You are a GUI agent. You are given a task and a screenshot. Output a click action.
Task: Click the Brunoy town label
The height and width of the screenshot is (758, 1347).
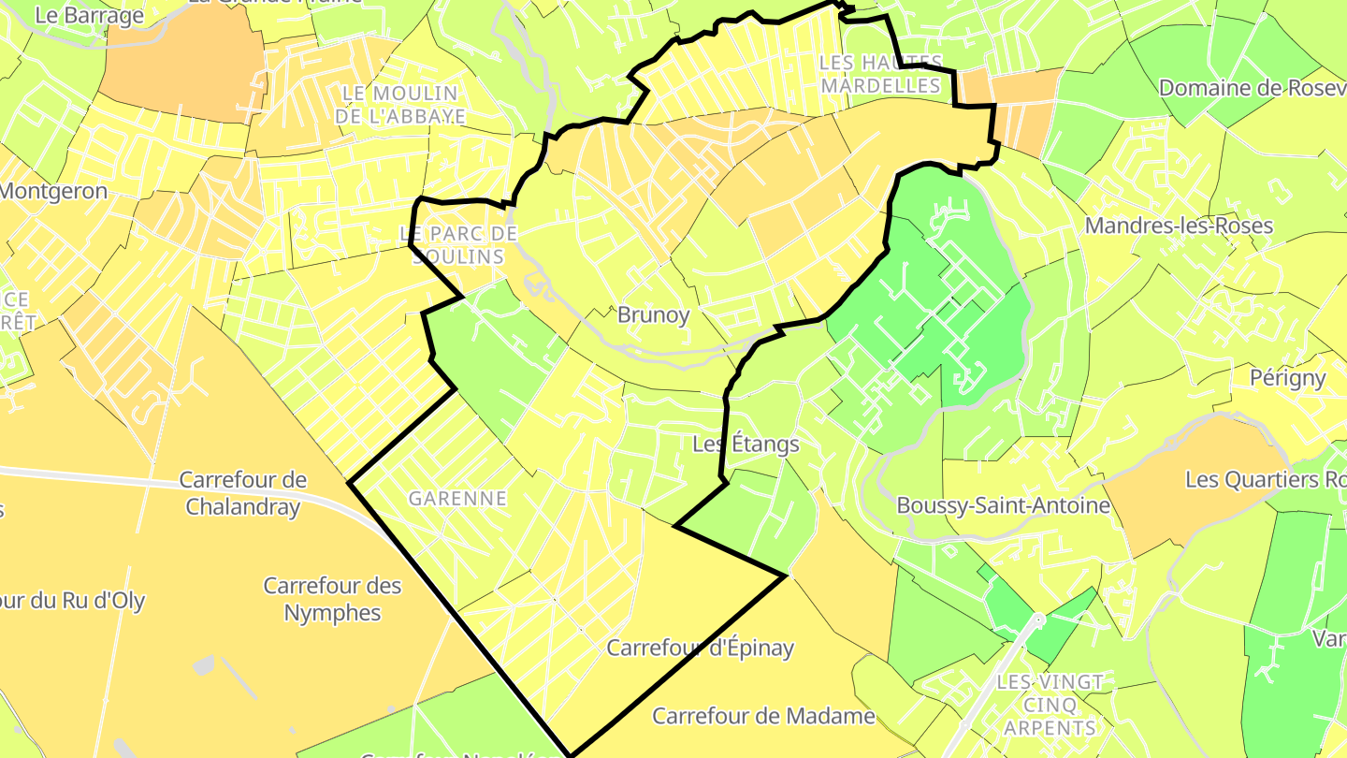click(653, 315)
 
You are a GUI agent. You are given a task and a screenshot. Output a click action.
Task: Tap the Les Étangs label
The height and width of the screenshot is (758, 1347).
click(746, 444)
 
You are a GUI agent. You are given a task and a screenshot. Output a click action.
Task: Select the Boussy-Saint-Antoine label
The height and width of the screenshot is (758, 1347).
click(1003, 505)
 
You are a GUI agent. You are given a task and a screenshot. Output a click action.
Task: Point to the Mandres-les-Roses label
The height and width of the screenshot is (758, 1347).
click(1179, 226)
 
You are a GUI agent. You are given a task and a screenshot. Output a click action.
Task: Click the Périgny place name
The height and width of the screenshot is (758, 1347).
click(1288, 378)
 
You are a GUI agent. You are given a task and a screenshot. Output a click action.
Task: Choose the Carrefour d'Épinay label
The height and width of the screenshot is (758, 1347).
click(700, 648)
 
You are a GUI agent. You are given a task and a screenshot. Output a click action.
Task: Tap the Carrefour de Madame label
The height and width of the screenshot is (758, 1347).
click(763, 717)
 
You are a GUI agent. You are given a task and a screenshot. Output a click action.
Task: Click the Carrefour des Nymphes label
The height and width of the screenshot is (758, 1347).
click(332, 599)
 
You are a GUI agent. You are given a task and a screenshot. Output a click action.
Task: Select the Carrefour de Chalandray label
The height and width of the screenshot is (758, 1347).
click(242, 493)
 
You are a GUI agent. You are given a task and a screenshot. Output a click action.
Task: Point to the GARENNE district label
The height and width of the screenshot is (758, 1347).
click(457, 499)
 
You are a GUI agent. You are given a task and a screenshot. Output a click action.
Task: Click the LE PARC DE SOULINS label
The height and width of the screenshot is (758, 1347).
click(458, 244)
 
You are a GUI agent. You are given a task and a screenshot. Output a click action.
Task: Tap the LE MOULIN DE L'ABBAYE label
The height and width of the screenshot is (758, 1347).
click(400, 104)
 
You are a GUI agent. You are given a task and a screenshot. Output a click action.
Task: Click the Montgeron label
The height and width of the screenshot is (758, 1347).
click(53, 191)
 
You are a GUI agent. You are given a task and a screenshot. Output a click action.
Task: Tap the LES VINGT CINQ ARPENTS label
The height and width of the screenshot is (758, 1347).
click(1050, 705)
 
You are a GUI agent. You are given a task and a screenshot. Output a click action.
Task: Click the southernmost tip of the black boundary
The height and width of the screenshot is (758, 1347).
click(570, 754)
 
